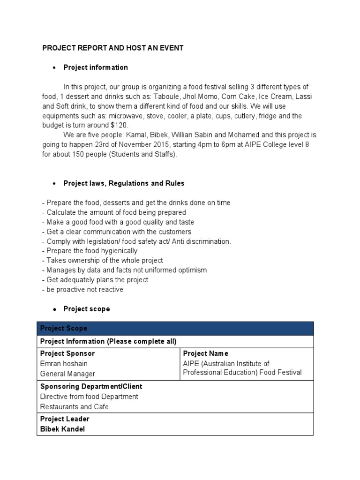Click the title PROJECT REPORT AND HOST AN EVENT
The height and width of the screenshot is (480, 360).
coord(113,48)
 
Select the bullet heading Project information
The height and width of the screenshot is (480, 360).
coord(96,67)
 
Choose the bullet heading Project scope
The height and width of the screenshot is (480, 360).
coord(87,309)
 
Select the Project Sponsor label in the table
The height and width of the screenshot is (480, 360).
coord(67,353)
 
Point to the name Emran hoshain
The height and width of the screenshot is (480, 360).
coord(64,364)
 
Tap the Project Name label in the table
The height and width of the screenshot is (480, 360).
coord(206,353)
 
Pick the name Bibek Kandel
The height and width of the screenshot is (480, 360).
coord(63,429)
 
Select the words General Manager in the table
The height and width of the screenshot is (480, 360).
coord(67,374)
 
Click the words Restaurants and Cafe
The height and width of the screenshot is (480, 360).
coord(75,407)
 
